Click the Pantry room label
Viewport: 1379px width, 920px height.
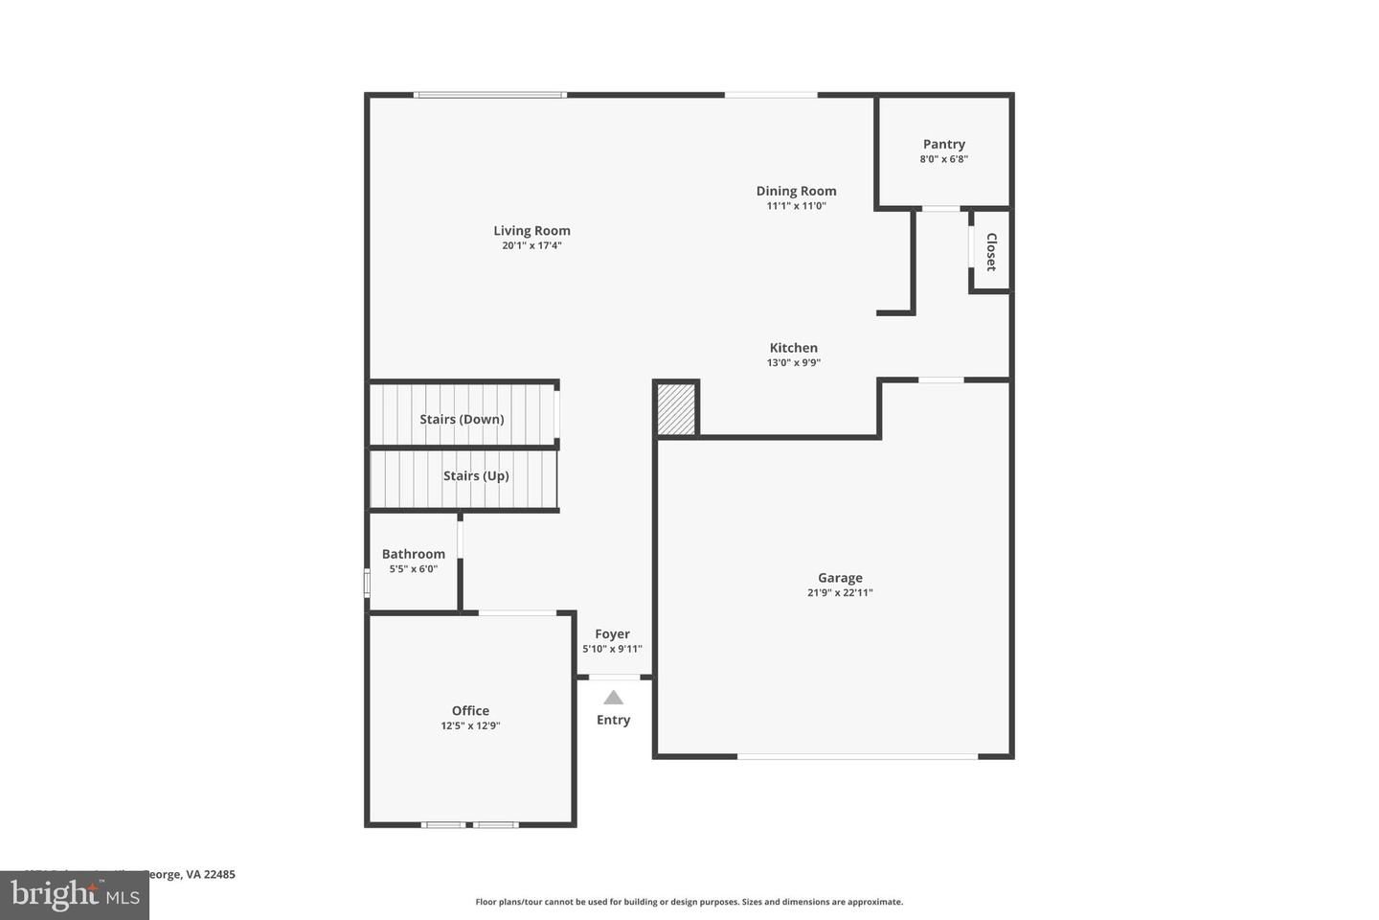pyautogui.click(x=943, y=145)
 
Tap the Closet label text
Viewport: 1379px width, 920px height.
pyautogui.click(x=991, y=252)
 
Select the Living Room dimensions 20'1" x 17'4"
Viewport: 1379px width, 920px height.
pyautogui.click(x=531, y=245)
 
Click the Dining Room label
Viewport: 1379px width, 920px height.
pyautogui.click(x=796, y=191)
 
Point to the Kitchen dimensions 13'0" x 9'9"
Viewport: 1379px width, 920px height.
pyautogui.click(x=794, y=362)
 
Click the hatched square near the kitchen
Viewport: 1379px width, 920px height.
pyautogui.click(x=676, y=409)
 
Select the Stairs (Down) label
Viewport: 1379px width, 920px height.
pyautogui.click(x=462, y=419)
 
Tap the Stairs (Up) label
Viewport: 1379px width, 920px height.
pyautogui.click(x=476, y=475)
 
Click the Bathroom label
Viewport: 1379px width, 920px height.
pyautogui.click(x=413, y=554)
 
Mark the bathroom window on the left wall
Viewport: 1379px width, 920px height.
pyautogui.click(x=367, y=583)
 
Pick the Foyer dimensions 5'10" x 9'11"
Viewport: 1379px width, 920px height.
pyautogui.click(x=612, y=649)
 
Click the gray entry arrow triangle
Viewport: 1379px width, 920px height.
pyautogui.click(x=613, y=698)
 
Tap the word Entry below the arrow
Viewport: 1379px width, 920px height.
pyautogui.click(x=613, y=720)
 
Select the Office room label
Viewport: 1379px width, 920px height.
pyautogui.click(x=470, y=710)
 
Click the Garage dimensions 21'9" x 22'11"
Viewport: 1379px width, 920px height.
pyautogui.click(x=840, y=592)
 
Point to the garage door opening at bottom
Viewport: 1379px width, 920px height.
pyautogui.click(x=857, y=757)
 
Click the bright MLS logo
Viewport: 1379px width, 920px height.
pyautogui.click(x=74, y=896)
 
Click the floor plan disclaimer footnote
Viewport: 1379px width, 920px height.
pyautogui.click(x=689, y=902)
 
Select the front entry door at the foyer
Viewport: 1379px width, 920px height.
pyautogui.click(x=614, y=678)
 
